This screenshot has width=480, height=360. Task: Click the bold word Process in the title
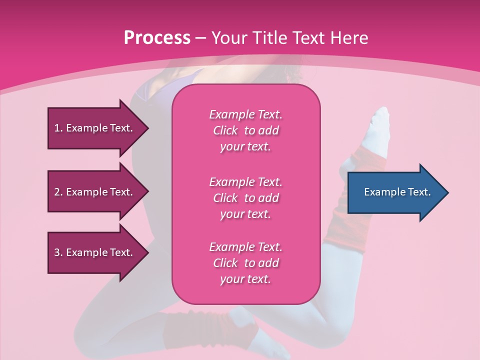(157, 38)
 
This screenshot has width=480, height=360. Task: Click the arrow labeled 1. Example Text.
(95, 128)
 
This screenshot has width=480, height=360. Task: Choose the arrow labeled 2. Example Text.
(95, 192)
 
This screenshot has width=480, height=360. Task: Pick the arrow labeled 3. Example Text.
(95, 253)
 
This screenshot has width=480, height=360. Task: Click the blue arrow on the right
(395, 192)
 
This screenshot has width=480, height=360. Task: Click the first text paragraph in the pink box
(245, 130)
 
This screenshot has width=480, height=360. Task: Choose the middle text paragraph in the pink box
(245, 198)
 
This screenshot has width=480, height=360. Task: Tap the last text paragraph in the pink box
(245, 263)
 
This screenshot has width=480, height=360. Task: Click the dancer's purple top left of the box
(150, 97)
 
